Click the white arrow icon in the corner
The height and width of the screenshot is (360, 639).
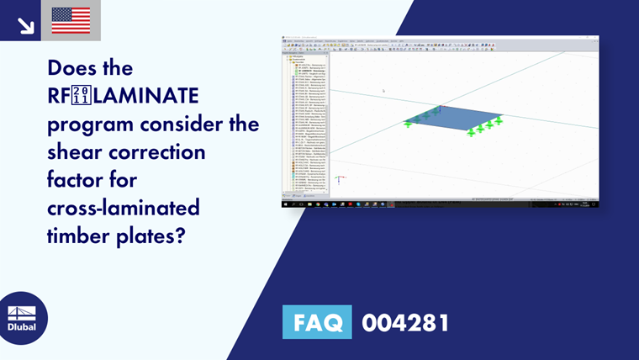click(x=26, y=26)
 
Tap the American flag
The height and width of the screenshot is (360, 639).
click(x=71, y=21)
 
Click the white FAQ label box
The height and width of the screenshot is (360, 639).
click(x=317, y=322)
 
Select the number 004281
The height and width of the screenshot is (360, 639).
click(x=405, y=322)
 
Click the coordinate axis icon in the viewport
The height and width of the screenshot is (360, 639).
click(x=338, y=179)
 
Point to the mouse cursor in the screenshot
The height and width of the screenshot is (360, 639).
click(x=384, y=90)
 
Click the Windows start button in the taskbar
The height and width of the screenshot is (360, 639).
click(x=286, y=204)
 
